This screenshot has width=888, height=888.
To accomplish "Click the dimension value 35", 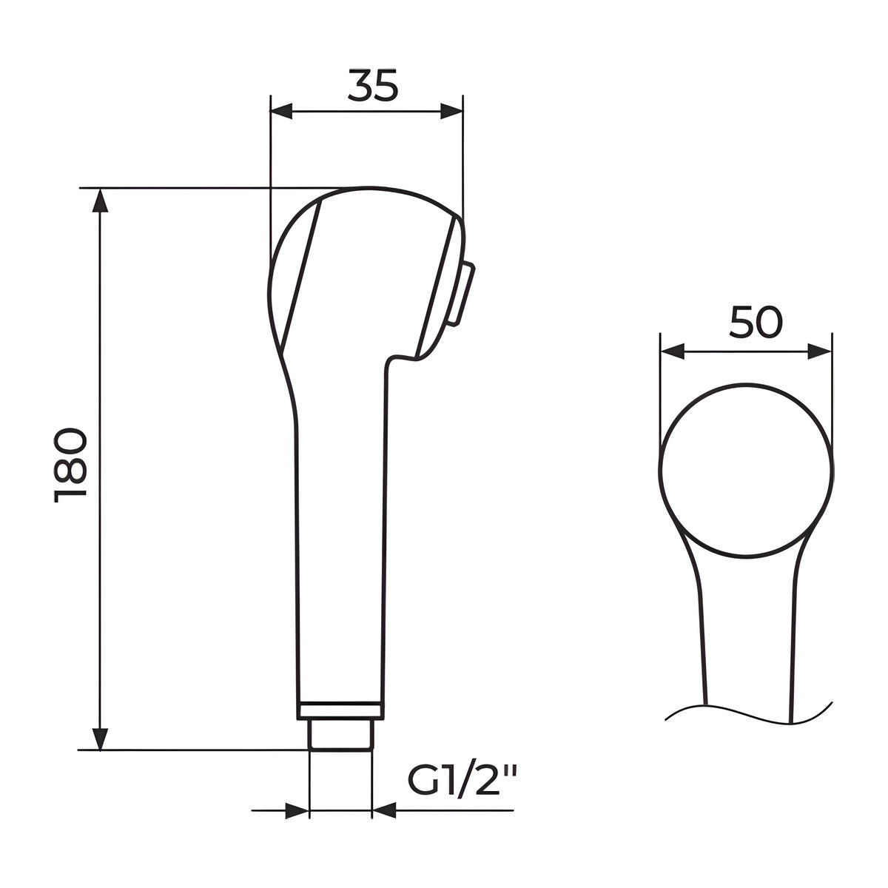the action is pos(373,86).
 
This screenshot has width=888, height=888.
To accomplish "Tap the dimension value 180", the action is pos(70,465).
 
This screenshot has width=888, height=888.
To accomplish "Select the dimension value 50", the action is pos(756,322).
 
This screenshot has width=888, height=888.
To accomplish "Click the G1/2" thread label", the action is pos(461,778).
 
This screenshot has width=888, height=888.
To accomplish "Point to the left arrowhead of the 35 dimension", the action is pos(281,112).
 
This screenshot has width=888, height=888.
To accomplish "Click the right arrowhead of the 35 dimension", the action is pos(451,112).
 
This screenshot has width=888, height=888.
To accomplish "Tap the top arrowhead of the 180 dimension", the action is pos(100,201).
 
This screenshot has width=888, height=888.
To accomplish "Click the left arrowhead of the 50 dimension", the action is pos(672,352).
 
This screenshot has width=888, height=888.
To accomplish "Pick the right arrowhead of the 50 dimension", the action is pos(820,352).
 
